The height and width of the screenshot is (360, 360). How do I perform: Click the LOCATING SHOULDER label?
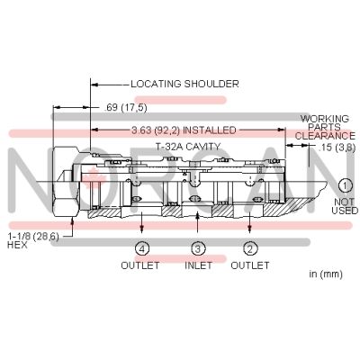(184, 84)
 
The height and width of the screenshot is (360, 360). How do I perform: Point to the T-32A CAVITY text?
(188, 147)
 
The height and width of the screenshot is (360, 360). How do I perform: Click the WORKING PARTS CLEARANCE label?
(325, 127)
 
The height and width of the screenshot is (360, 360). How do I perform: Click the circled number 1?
(345, 185)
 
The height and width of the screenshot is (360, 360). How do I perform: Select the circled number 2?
(249, 248)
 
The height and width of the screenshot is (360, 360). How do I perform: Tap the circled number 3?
(198, 248)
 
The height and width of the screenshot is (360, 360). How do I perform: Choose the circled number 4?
(141, 248)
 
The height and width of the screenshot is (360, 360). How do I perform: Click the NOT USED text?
(345, 206)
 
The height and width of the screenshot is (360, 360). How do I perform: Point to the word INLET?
(198, 265)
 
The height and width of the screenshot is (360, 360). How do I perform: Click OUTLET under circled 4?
(140, 265)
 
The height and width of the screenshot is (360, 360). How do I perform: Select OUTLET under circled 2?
(250, 265)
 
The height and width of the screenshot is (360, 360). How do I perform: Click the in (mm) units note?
(326, 274)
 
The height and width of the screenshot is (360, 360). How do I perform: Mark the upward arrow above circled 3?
(197, 222)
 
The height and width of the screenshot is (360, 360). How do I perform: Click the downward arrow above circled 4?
(141, 222)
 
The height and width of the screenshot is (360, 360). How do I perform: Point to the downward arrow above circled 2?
(249, 222)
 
